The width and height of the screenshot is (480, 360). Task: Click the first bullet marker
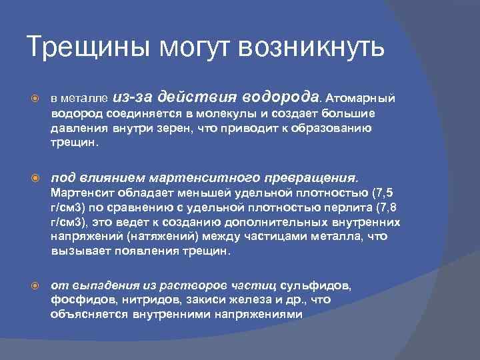pyautogui.click(x=39, y=97)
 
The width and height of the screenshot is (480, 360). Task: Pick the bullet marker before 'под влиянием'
pyautogui.click(x=39, y=179)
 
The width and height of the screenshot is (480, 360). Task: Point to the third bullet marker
pyautogui.click(x=39, y=284)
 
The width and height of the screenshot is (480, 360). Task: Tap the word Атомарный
pyautogui.click(x=361, y=97)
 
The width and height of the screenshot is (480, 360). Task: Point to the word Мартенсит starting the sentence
pyautogui.click(x=78, y=193)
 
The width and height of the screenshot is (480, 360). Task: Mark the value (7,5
pyautogui.click(x=381, y=193)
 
